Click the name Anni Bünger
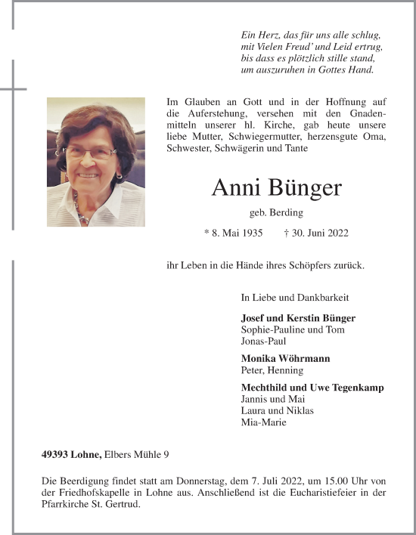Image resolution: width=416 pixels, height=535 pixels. pyautogui.click(x=276, y=187)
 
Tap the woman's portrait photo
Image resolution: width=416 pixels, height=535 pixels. pyautogui.click(x=96, y=162)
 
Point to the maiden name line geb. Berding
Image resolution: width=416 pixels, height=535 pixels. pyautogui.click(x=276, y=213)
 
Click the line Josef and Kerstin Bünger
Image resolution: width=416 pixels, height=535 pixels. pyautogui.click(x=298, y=318)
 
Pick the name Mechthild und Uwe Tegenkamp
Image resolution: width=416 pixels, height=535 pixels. pyautogui.click(x=312, y=388)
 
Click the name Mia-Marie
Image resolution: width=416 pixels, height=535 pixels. pyautogui.click(x=263, y=422)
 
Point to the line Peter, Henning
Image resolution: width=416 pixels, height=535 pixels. pyautogui.click(x=272, y=370)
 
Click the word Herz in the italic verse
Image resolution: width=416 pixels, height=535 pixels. pyautogui.click(x=265, y=36)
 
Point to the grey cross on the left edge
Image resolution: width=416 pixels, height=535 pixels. pyautogui.click(x=13, y=89)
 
